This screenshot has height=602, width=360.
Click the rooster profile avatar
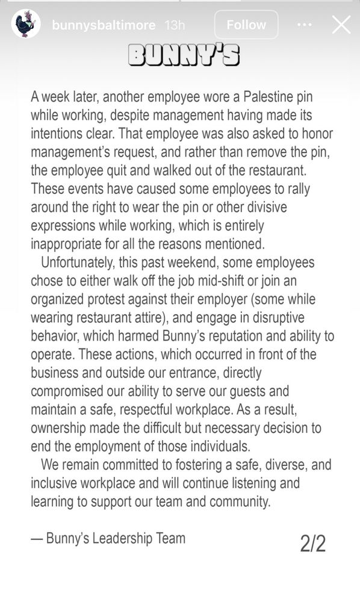(x=25, y=25)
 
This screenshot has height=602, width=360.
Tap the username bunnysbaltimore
(x=104, y=25)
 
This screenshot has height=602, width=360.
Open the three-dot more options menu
(x=305, y=25)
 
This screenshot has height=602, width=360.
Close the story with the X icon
(x=341, y=25)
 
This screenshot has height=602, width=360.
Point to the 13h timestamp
(x=175, y=25)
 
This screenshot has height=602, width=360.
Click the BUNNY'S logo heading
(x=184, y=55)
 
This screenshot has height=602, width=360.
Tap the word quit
(x=125, y=170)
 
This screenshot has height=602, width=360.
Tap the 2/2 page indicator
(x=312, y=544)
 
